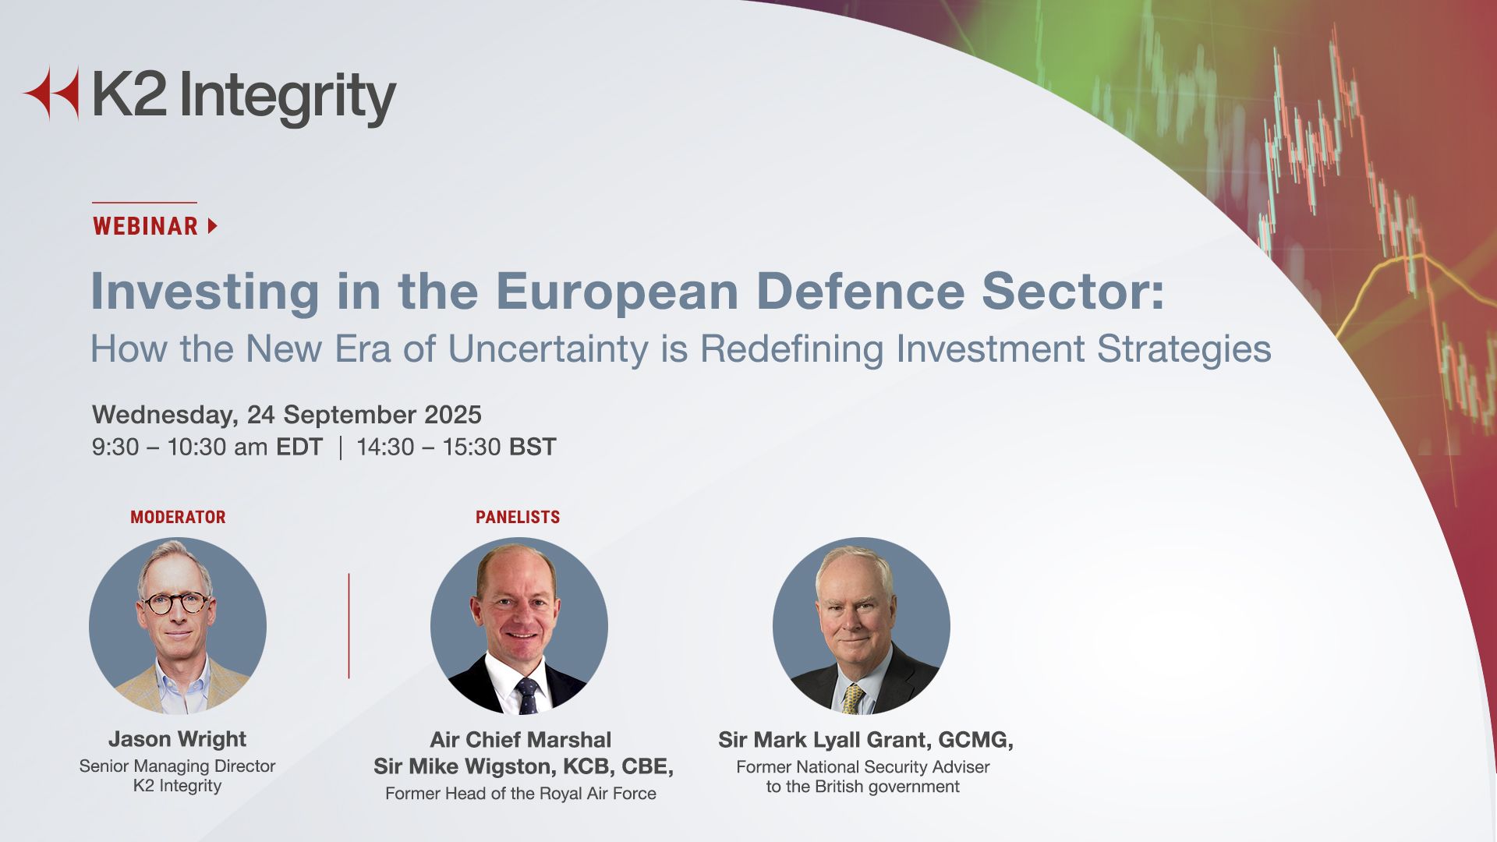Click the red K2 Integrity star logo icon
51,94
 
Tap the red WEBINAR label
146,226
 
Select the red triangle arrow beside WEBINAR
213,226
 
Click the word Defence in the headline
860,291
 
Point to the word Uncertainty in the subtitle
548,348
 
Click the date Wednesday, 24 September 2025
287,415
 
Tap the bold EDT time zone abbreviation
299,447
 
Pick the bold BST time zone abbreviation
533,447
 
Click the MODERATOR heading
178,517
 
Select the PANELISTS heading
518,517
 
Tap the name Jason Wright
178,738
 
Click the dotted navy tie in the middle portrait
528,695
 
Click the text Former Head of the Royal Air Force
521,794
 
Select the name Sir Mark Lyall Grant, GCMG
865,739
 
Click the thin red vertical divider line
349,626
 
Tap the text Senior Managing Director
177,766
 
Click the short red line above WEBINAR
144,203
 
